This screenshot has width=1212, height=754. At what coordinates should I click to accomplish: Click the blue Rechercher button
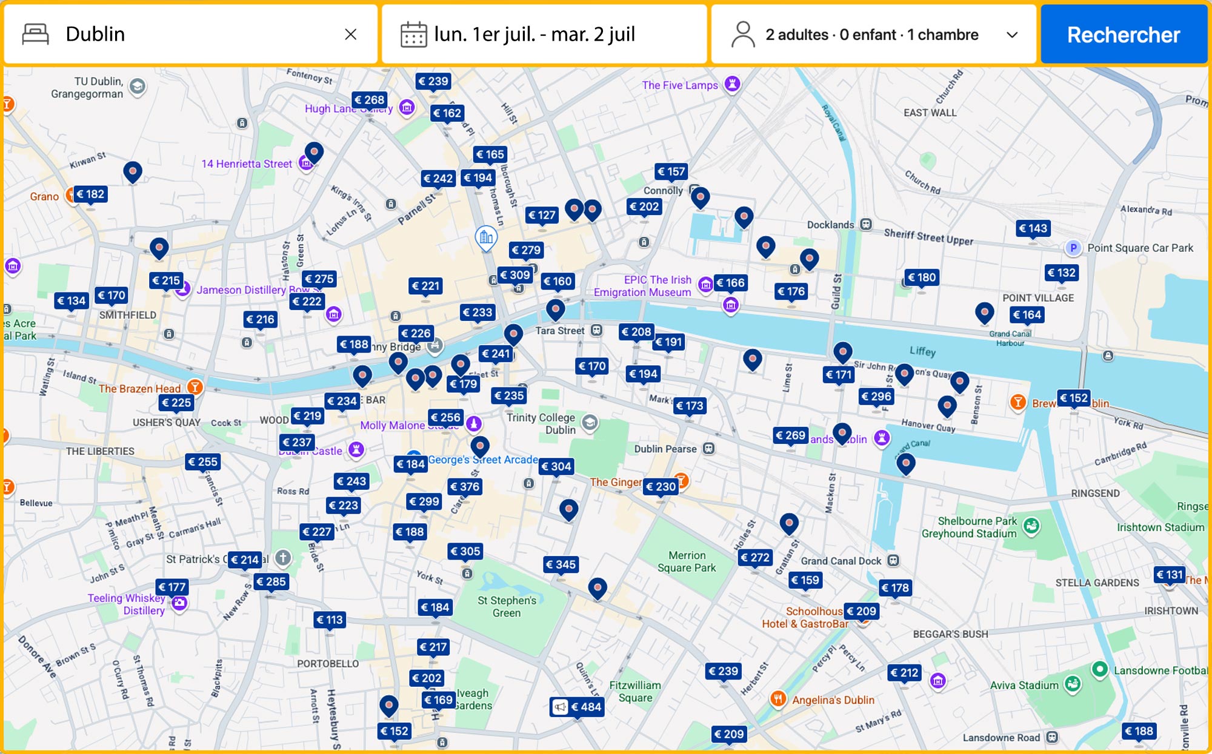(x=1123, y=35)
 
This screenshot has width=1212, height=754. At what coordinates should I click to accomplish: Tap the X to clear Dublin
(x=350, y=35)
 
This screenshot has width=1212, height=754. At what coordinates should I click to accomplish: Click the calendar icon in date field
(x=413, y=35)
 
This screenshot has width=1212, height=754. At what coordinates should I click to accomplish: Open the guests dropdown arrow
(x=1011, y=35)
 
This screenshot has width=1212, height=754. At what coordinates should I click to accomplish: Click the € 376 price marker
(x=465, y=486)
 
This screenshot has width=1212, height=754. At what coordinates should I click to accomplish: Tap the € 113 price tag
(x=330, y=620)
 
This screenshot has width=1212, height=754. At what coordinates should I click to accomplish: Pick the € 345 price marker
(x=561, y=564)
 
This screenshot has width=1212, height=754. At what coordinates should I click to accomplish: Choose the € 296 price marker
(x=876, y=396)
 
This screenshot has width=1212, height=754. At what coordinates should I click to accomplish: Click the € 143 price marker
(x=1033, y=228)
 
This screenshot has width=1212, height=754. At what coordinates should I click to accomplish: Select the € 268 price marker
(x=369, y=100)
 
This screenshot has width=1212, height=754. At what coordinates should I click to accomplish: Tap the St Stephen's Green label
(x=507, y=606)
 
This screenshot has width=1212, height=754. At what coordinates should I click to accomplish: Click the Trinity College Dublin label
(x=541, y=423)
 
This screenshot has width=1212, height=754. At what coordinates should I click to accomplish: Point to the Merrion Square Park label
(x=687, y=561)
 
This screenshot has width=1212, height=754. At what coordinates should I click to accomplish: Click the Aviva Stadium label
(x=1024, y=685)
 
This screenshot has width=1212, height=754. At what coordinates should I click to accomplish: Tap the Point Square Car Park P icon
(x=1073, y=248)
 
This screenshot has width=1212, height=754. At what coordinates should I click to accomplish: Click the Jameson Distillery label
(x=241, y=290)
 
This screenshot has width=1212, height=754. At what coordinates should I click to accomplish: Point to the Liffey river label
(x=922, y=351)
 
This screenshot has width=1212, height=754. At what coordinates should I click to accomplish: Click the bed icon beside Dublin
(x=35, y=35)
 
